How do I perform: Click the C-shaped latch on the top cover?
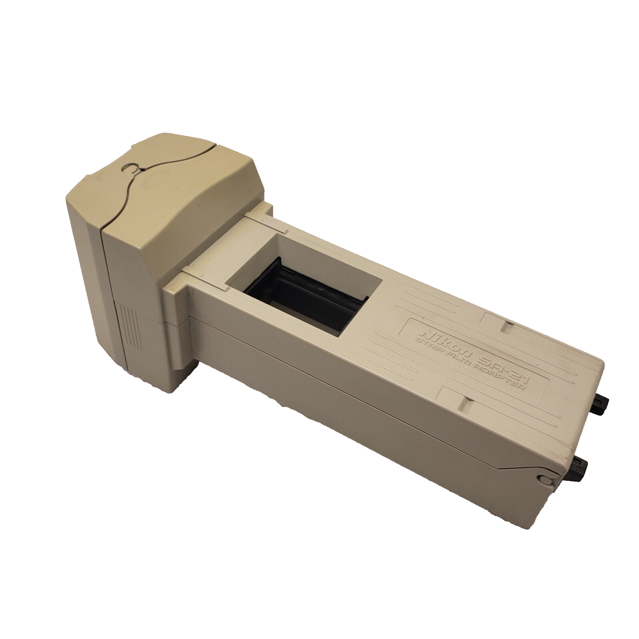click(131, 169)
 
